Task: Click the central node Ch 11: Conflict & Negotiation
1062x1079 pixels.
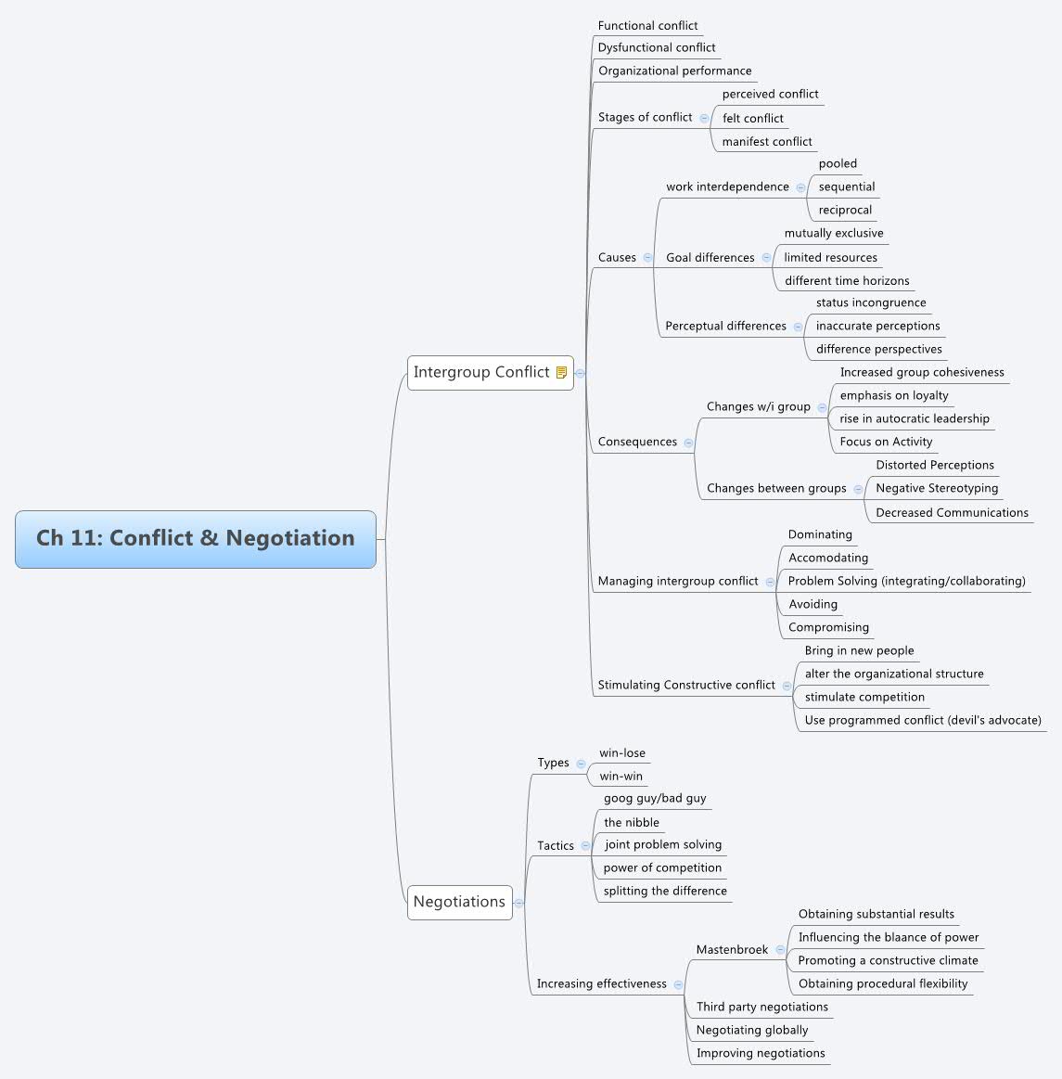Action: click(x=196, y=539)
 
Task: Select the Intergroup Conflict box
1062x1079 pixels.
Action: click(x=481, y=373)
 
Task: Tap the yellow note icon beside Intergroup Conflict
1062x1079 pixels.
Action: click(x=561, y=373)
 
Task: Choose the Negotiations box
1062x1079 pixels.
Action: click(x=459, y=902)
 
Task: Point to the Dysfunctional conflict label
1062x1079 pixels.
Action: click(x=657, y=47)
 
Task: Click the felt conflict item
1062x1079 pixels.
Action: click(x=753, y=118)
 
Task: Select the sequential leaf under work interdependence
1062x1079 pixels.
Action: click(x=847, y=186)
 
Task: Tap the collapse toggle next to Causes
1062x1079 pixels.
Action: click(x=647, y=258)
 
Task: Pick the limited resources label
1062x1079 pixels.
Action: click(x=830, y=257)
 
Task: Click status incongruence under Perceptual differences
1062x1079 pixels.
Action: click(x=871, y=302)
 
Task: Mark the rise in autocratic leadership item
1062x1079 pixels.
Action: click(x=915, y=418)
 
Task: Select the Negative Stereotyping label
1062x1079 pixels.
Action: click(x=937, y=488)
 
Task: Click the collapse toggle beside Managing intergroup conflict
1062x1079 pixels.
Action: click(x=770, y=582)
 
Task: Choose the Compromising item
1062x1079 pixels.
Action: click(x=828, y=627)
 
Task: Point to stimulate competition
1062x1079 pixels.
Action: click(x=864, y=697)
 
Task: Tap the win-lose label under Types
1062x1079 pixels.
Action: click(x=622, y=753)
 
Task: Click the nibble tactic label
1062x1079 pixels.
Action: click(x=632, y=822)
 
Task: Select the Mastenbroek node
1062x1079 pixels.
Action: click(x=732, y=949)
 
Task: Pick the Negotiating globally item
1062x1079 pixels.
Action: click(x=752, y=1030)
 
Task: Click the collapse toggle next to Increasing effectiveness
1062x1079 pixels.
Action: click(x=678, y=984)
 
